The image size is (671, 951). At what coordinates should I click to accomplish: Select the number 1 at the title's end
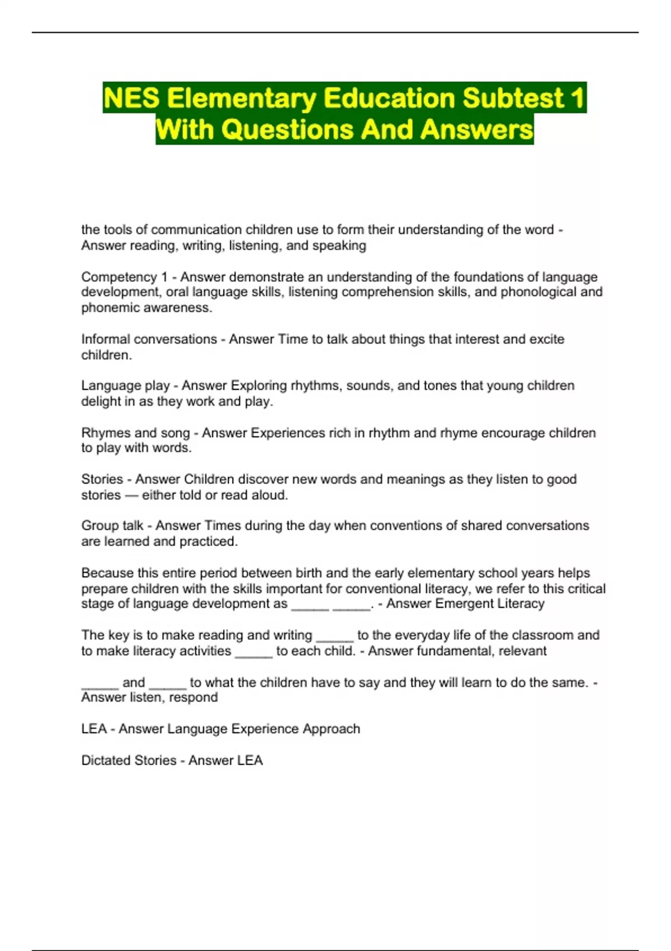point(578,98)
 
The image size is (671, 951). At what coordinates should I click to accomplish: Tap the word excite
point(545,339)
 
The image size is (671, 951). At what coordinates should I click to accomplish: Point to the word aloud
point(271,495)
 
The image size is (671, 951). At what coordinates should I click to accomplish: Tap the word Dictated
point(108,760)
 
